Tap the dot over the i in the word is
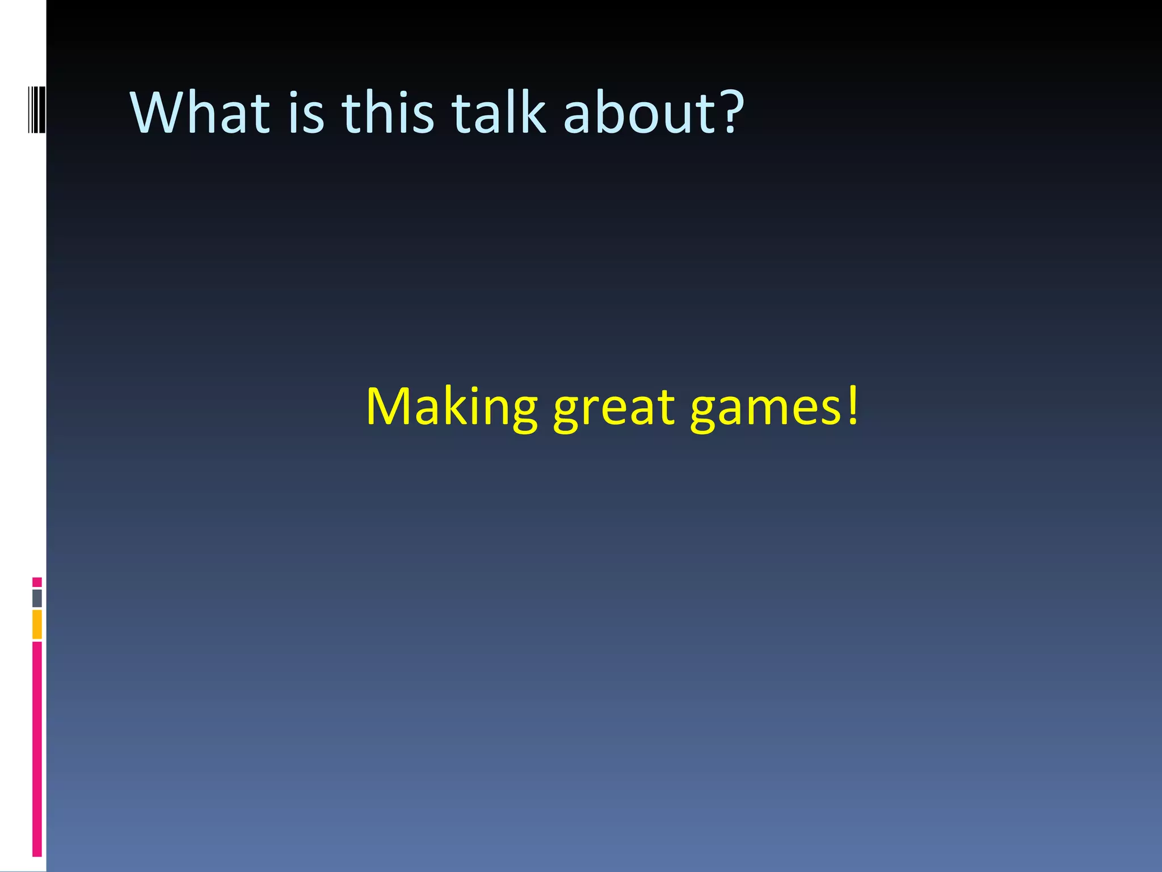[293, 94]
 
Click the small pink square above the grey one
[37, 582]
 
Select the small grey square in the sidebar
[37, 598]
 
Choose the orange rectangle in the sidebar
[37, 624]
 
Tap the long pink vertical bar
[37, 749]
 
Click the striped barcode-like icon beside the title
[37, 108]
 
